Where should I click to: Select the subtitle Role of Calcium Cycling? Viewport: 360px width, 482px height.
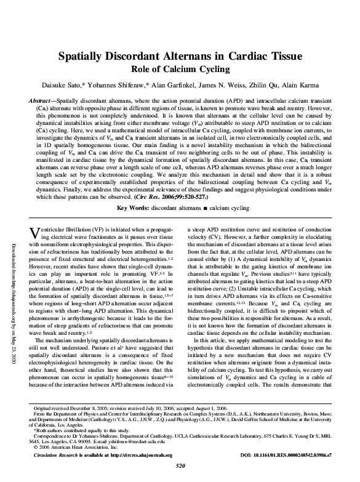click(x=180, y=69)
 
